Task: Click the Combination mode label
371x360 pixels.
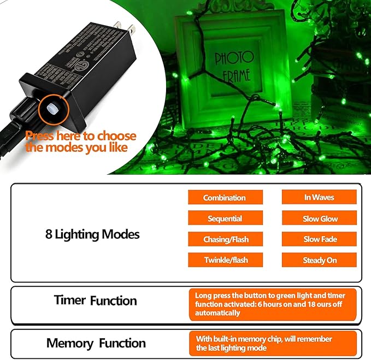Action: click(x=225, y=198)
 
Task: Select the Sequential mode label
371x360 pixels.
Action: click(x=225, y=219)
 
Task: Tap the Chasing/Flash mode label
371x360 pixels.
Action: click(x=225, y=239)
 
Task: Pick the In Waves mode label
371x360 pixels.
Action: click(x=319, y=197)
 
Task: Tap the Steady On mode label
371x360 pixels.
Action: click(x=320, y=260)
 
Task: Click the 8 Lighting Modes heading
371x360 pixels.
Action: click(x=92, y=234)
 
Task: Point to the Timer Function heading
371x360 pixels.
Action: click(x=95, y=300)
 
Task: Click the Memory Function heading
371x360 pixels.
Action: click(x=96, y=344)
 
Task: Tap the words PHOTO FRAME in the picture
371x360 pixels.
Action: click(x=234, y=66)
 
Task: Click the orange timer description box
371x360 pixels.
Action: click(x=273, y=304)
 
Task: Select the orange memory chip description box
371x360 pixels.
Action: click(x=273, y=343)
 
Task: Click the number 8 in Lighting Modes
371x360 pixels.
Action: click(x=49, y=234)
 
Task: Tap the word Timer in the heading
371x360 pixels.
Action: click(x=70, y=300)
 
